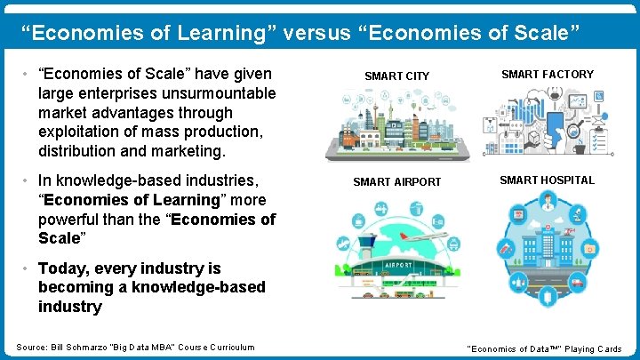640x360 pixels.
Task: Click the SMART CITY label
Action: click(397, 76)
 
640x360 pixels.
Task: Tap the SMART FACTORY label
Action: click(548, 75)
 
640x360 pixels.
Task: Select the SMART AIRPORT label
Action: click(396, 182)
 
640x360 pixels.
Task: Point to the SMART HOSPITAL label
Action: click(547, 180)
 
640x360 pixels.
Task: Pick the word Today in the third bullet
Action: click(64, 268)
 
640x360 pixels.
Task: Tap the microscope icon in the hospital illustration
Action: click(578, 215)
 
